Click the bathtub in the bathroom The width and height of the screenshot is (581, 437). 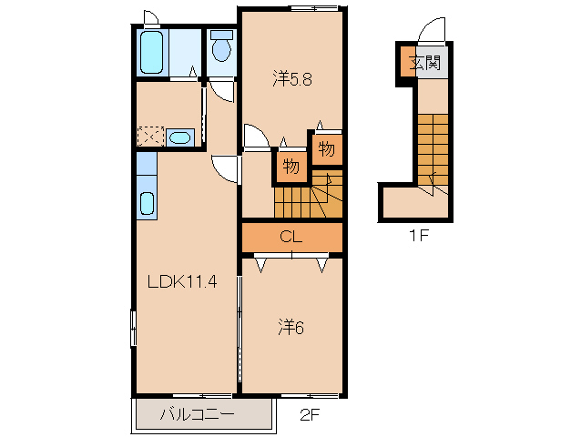tap(152, 52)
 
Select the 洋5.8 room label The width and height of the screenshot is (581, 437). tap(292, 79)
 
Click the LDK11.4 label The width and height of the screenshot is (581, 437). tap(182, 282)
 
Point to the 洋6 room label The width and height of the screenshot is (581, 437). tap(291, 327)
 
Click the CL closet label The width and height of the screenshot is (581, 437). tap(291, 236)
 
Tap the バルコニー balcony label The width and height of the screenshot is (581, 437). tap(197, 414)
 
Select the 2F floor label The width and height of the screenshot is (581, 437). tap(310, 415)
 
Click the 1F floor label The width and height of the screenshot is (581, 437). tap(419, 235)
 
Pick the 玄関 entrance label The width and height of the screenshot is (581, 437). tap(425, 63)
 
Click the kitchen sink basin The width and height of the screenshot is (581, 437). tap(148, 204)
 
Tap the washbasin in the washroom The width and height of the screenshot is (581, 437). tap(180, 138)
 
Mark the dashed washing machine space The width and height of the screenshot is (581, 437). tap(151, 137)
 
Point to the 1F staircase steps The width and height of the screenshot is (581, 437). tap(433, 149)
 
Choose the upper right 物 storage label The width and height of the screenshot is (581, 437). tap(326, 149)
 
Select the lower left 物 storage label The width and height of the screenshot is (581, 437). tap(291, 167)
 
